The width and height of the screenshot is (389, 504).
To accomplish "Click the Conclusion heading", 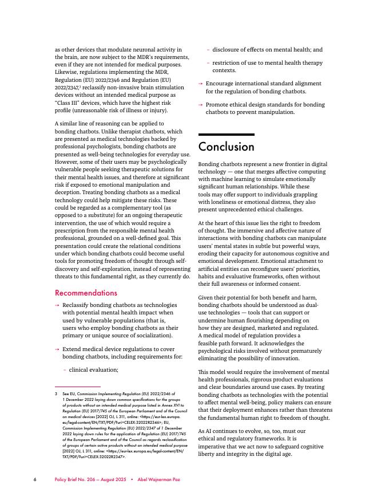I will tap(226, 147).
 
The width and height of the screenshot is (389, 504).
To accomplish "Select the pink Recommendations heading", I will tap(86, 293).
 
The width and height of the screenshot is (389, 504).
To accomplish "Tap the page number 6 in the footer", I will tap(35, 479).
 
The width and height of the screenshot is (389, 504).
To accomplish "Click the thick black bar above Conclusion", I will tap(226, 135).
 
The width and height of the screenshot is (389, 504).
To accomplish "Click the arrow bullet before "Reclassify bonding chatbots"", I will tap(57, 305).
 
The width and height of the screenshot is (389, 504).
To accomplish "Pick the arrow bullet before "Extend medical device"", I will tap(57, 349).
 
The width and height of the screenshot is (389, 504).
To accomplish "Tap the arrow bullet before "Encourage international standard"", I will tap(200, 84).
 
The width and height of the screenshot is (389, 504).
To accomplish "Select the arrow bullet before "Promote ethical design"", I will tap(200, 105).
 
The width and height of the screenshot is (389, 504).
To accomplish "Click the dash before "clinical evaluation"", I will tap(64, 370).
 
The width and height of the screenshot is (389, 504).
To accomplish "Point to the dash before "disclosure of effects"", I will tap(208, 50).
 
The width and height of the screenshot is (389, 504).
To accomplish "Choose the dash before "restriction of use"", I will tap(208, 63).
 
